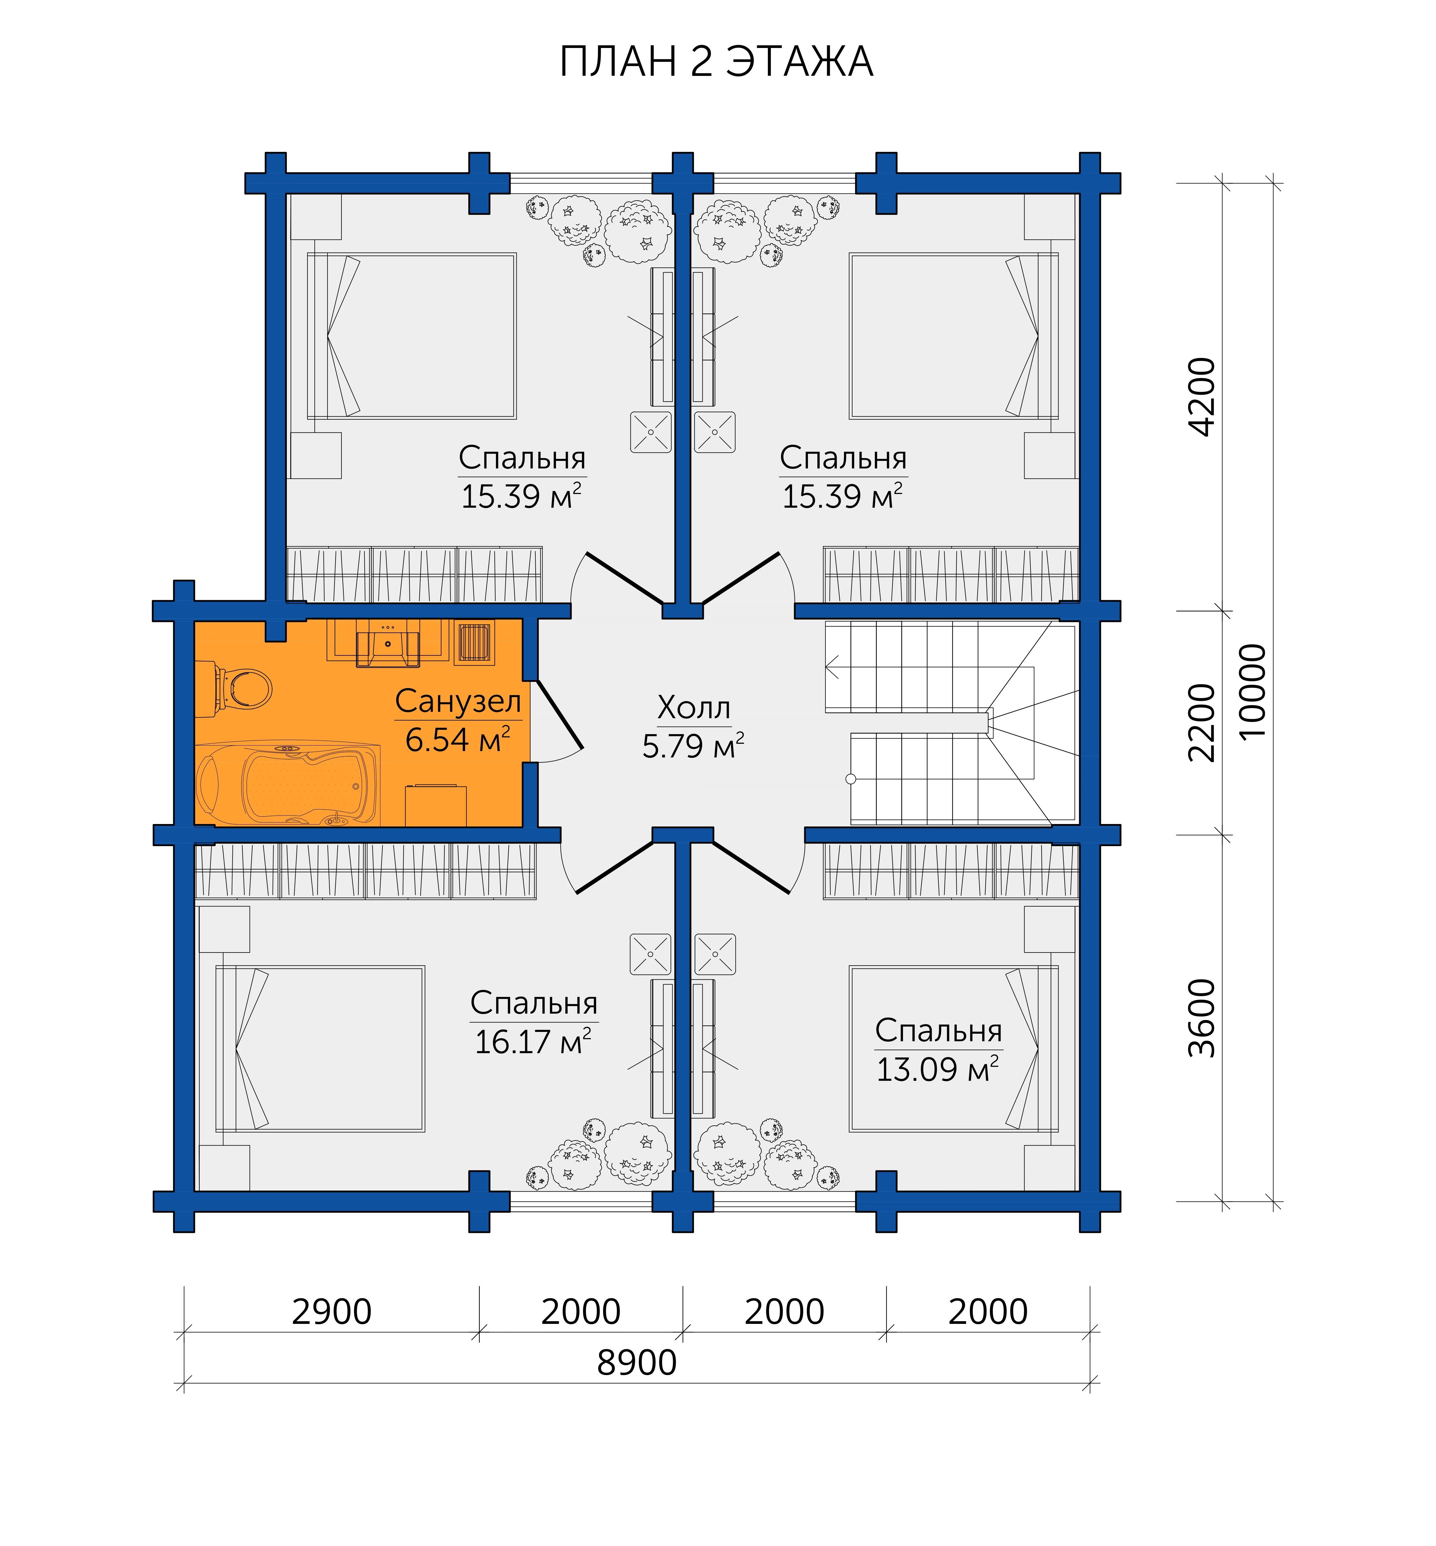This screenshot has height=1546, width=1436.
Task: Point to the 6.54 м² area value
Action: point(458,740)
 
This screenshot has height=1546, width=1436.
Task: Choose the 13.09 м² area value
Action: point(937,1069)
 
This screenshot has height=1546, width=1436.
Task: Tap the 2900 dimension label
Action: point(332,1312)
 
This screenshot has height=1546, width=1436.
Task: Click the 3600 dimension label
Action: point(1202,1018)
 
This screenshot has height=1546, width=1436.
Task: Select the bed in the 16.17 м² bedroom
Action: point(320,1049)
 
